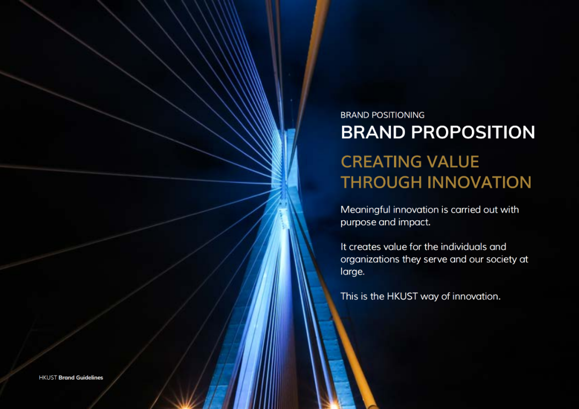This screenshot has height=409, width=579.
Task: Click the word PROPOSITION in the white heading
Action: click(473, 132)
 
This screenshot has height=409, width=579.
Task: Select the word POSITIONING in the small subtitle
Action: click(398, 115)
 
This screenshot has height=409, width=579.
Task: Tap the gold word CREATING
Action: click(381, 162)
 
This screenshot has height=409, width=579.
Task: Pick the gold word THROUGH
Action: click(382, 182)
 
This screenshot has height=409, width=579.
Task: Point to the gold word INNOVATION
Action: click(479, 182)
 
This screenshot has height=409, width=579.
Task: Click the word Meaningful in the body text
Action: click(365, 210)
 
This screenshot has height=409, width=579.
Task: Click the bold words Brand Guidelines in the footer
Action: click(81, 377)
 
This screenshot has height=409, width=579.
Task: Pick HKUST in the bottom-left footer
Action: click(48, 377)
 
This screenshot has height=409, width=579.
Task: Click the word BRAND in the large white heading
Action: click(373, 132)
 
